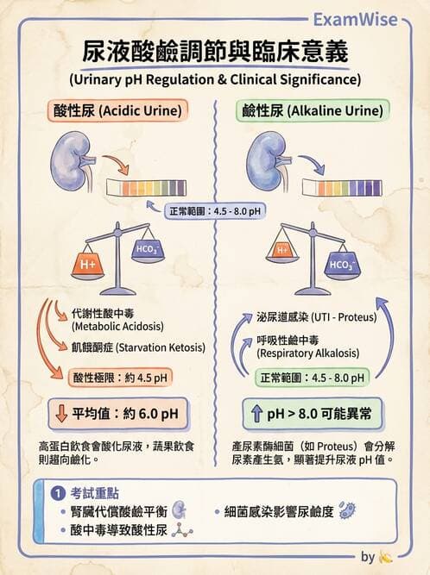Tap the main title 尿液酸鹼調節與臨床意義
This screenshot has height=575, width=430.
[x=215, y=53]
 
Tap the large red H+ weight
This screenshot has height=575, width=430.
[x=88, y=266]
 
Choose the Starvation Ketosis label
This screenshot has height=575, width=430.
[x=138, y=347]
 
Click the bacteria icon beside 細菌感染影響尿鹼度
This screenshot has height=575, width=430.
[x=348, y=509]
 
